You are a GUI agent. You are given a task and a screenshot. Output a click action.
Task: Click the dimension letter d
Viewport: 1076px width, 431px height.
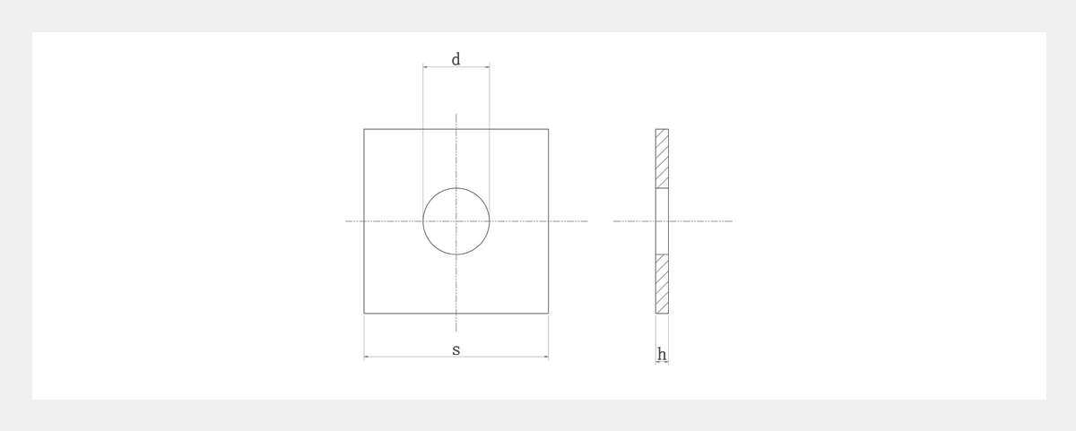(456, 59)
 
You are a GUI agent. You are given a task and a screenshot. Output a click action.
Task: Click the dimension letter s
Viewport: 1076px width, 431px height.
(456, 349)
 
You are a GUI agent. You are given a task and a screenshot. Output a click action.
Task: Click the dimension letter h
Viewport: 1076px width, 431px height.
(662, 355)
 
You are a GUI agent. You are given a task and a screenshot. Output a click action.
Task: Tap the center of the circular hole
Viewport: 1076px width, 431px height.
(456, 221)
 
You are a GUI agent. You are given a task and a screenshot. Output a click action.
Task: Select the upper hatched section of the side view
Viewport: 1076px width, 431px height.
(662, 159)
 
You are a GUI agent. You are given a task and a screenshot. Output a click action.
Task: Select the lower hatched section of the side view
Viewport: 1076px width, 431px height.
(662, 284)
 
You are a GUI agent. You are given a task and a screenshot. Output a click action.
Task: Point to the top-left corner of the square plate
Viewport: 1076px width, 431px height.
(364, 129)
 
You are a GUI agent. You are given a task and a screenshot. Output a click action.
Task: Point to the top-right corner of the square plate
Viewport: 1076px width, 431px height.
(548, 129)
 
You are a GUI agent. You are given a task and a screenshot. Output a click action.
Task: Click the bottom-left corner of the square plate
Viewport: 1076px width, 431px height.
(364, 314)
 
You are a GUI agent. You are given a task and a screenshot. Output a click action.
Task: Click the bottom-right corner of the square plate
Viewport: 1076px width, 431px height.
(548, 314)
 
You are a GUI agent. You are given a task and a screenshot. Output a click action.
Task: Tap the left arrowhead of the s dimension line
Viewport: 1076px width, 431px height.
(366, 357)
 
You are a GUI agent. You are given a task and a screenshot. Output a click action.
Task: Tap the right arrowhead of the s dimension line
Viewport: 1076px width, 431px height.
(546, 357)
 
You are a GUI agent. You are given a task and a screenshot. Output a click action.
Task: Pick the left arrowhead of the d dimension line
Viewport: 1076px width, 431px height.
(425, 66)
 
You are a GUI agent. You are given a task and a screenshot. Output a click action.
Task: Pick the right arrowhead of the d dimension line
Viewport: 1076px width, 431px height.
(488, 66)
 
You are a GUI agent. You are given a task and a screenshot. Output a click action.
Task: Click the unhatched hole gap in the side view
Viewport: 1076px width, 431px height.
(662, 221)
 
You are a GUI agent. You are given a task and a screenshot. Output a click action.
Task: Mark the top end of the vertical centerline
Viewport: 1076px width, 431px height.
(456, 114)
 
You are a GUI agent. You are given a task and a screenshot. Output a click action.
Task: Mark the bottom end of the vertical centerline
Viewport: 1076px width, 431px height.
(456, 331)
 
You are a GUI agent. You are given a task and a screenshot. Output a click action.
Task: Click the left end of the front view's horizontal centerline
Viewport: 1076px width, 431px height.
(346, 221)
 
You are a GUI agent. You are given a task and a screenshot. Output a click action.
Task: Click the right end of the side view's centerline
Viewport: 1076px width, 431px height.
(732, 221)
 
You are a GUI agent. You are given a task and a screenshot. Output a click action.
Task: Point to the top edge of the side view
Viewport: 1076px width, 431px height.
(662, 129)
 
